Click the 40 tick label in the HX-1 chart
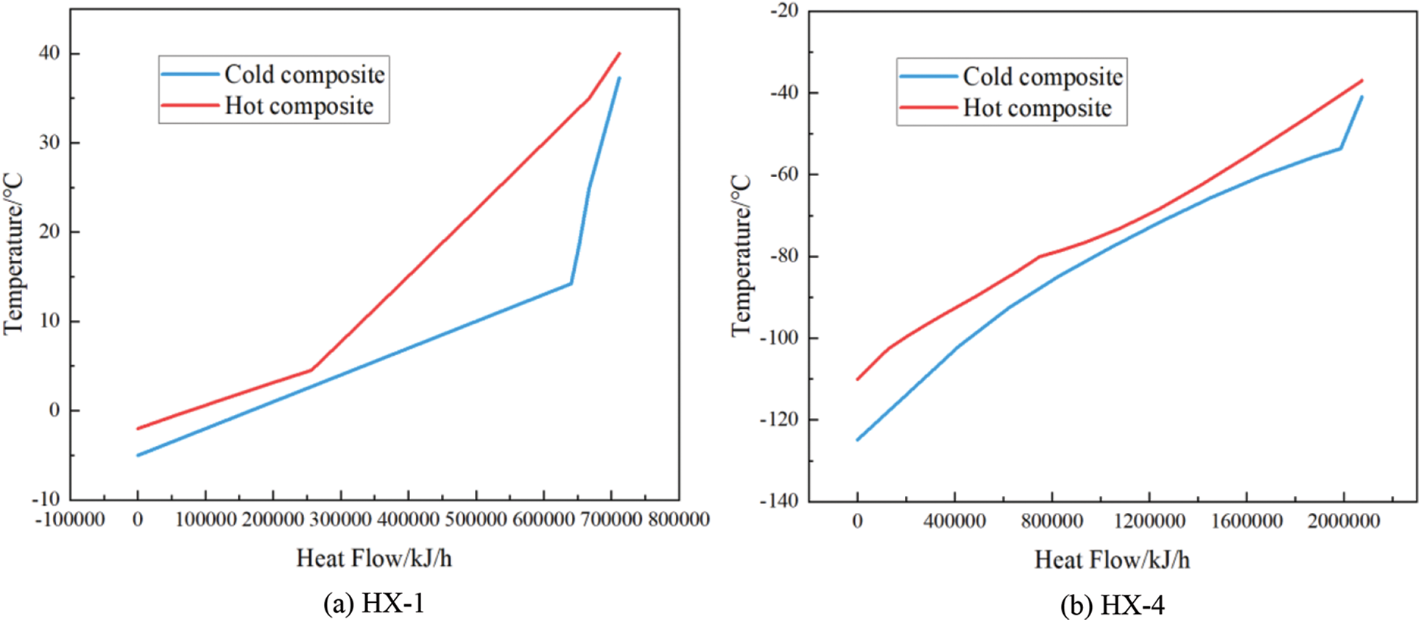tap(50, 54)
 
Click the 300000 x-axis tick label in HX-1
tap(341, 520)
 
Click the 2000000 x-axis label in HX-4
tap(1343, 522)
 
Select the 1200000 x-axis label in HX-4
tap(1149, 522)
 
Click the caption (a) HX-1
tap(374, 604)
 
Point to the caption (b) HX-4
tap(1112, 606)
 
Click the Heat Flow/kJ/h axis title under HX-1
tap(374, 558)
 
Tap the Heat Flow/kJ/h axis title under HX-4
tap(1112, 560)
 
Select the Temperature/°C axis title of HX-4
tap(741, 255)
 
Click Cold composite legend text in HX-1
tap(304, 74)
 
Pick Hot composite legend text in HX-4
tap(1037, 108)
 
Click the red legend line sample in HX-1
tap(190, 106)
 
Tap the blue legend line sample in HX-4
tap(928, 76)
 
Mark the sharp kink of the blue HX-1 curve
tap(571, 283)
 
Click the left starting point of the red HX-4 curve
tap(857, 380)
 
